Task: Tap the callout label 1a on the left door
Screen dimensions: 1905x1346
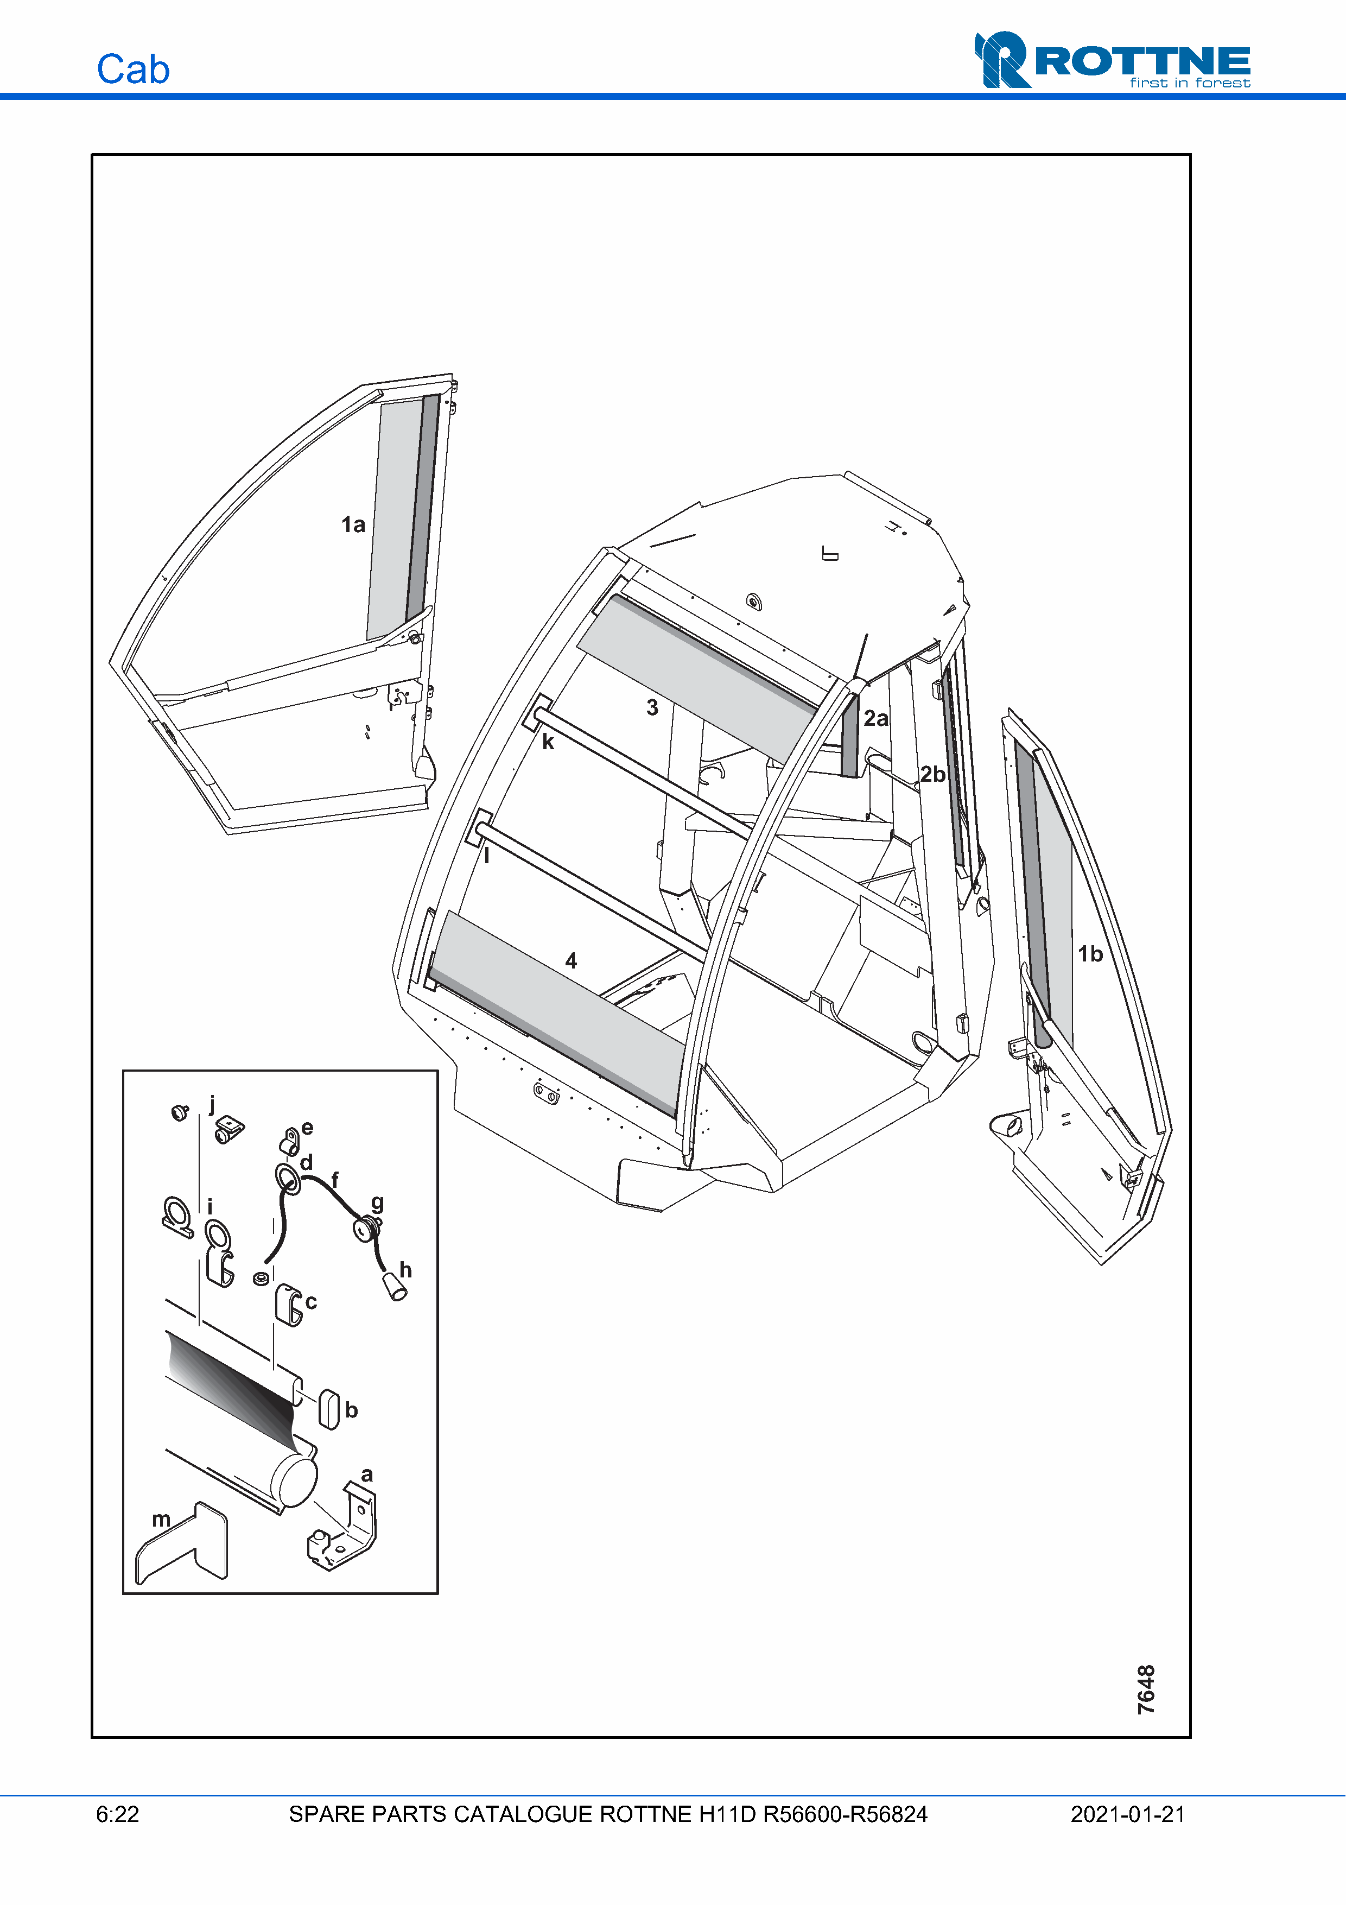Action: [353, 524]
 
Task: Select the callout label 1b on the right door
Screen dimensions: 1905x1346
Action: [1090, 954]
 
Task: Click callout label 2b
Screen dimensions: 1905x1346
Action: [932, 774]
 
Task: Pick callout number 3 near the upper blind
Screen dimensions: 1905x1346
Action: [653, 708]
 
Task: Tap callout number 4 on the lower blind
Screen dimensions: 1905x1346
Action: [570, 961]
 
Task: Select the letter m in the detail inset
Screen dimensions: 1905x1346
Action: [161, 1519]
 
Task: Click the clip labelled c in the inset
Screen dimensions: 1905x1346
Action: [288, 1305]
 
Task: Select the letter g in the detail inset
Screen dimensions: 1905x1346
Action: [377, 1203]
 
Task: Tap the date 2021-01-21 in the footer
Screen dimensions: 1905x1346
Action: [1127, 1814]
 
